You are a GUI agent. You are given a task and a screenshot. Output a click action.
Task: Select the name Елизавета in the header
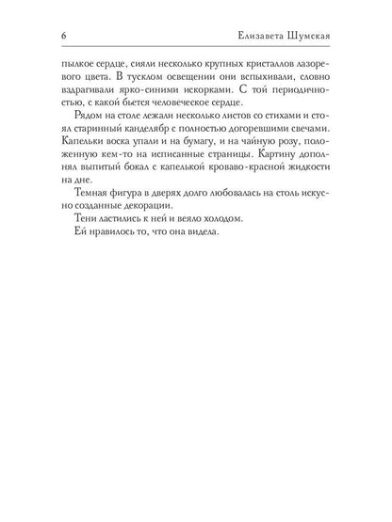[x=269, y=38]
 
